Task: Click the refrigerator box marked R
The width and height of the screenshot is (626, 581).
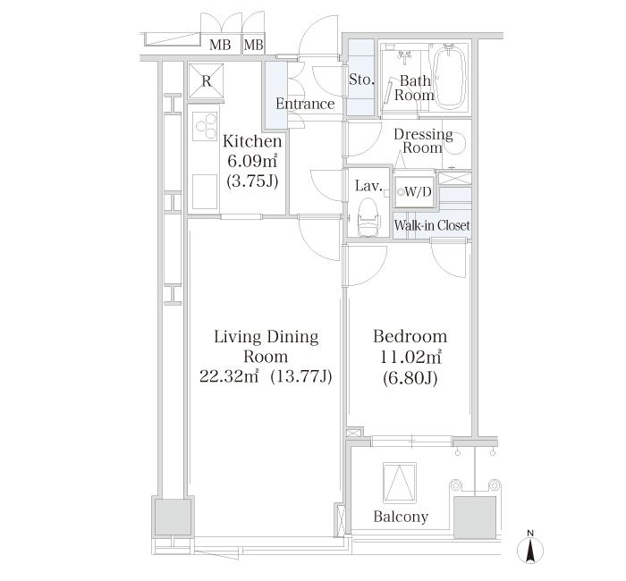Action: pyautogui.click(x=207, y=80)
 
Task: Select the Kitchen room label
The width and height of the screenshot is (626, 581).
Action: pyautogui.click(x=252, y=141)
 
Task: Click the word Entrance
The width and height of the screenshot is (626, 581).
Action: pyautogui.click(x=305, y=104)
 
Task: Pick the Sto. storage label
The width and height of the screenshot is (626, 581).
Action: pyautogui.click(x=361, y=80)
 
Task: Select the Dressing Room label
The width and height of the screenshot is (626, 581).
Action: pyautogui.click(x=423, y=141)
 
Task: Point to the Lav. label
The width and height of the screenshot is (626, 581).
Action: pyautogui.click(x=369, y=187)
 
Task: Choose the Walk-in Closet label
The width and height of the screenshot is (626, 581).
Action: pyautogui.click(x=432, y=226)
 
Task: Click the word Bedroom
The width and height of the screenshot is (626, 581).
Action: pyautogui.click(x=410, y=337)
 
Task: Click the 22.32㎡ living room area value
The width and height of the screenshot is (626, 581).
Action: pyautogui.click(x=230, y=376)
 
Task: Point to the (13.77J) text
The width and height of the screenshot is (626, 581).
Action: pyautogui.click(x=301, y=376)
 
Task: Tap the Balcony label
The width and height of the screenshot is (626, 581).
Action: pyautogui.click(x=401, y=517)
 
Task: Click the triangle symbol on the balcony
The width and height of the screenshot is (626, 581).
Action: pyautogui.click(x=400, y=482)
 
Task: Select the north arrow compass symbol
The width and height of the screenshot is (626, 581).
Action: pyautogui.click(x=530, y=548)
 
